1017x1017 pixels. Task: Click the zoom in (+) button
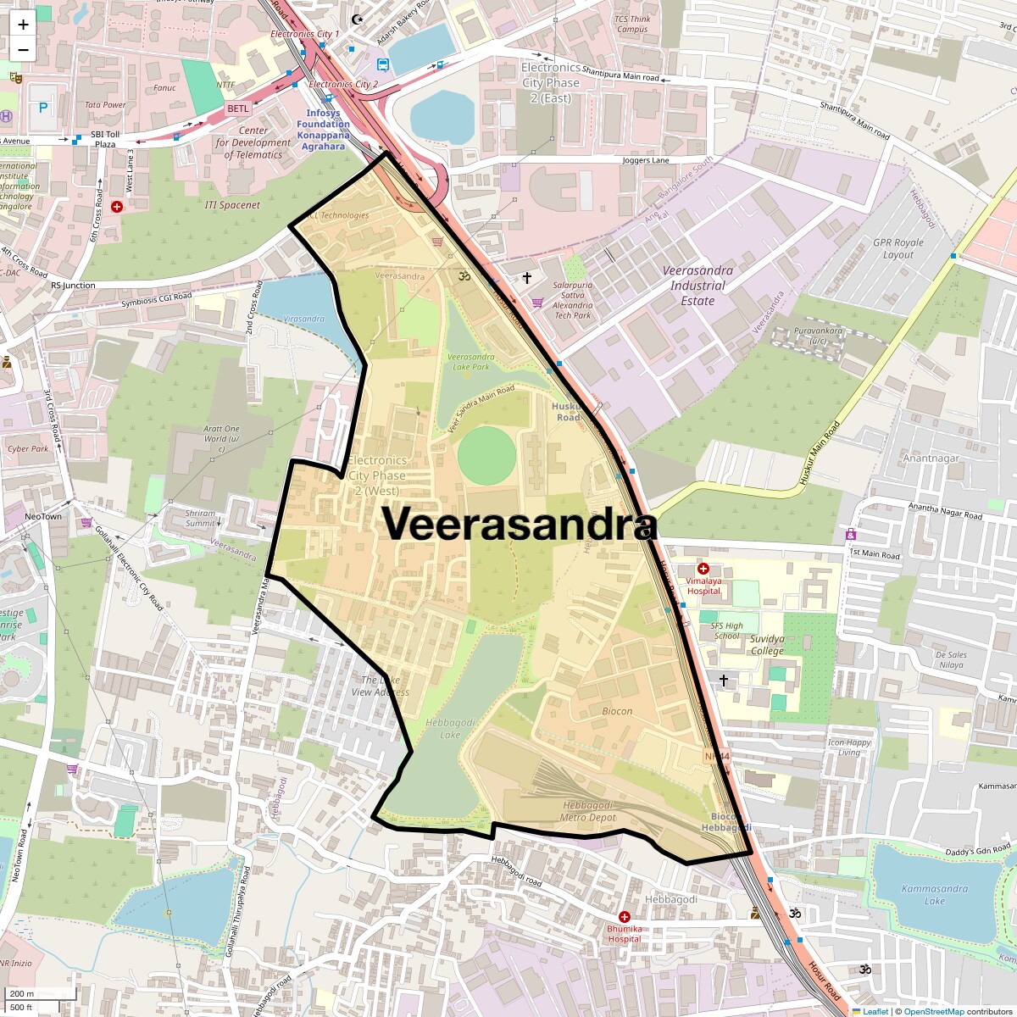pos(23,24)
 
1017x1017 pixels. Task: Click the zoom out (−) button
pos(23,49)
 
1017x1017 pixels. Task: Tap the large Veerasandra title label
pos(519,524)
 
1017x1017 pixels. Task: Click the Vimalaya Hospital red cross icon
pos(703,569)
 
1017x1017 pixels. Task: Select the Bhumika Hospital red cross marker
pos(625,917)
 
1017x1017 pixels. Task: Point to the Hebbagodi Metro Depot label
pos(587,811)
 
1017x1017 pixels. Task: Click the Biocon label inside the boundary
pos(617,711)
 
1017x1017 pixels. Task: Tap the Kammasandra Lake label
pos(934,895)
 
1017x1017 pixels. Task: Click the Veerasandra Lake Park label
pos(470,362)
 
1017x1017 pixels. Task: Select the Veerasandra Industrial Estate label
pos(697,286)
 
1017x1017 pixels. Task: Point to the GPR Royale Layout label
pos(898,248)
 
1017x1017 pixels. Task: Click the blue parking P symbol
pos(43,108)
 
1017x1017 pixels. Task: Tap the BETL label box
pos(238,108)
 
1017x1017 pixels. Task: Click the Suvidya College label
pos(767,645)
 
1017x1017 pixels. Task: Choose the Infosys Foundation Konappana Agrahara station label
pos(323,130)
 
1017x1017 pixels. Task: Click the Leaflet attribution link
pos(875,1011)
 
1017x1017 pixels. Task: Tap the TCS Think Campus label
pos(632,24)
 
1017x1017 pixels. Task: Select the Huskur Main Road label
pos(819,453)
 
